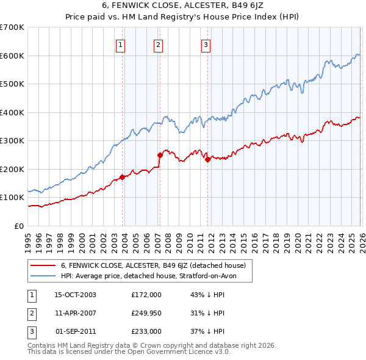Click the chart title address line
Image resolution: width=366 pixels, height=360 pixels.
pos(182,6)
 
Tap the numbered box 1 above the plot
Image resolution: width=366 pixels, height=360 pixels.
pos(121,44)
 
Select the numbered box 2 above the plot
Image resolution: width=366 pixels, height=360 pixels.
pos(158,44)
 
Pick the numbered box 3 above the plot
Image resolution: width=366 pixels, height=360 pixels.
pos(206,44)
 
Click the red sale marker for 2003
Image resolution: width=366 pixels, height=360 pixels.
pos(122,177)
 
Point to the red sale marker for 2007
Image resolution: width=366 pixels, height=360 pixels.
pos(160,155)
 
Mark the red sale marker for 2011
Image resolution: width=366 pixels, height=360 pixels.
pos(207,160)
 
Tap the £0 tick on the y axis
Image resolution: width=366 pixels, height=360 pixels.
pos(18,226)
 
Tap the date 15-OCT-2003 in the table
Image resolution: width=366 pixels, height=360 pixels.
pos(76,295)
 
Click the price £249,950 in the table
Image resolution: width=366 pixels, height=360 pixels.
pos(146,313)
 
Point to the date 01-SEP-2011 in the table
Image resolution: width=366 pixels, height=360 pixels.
pos(76,331)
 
